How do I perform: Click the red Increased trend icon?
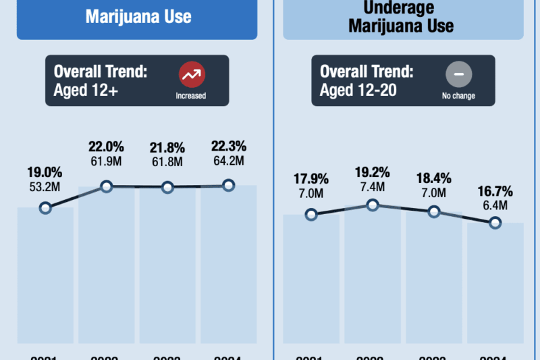click(191, 74)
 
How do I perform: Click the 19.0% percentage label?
click(45, 172)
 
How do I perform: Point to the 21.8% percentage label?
click(167, 148)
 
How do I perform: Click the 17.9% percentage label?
click(311, 179)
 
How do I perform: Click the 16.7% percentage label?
click(495, 188)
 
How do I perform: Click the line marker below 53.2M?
click(45, 208)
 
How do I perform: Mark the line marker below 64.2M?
click(228, 185)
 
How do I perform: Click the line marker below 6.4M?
click(495, 223)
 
